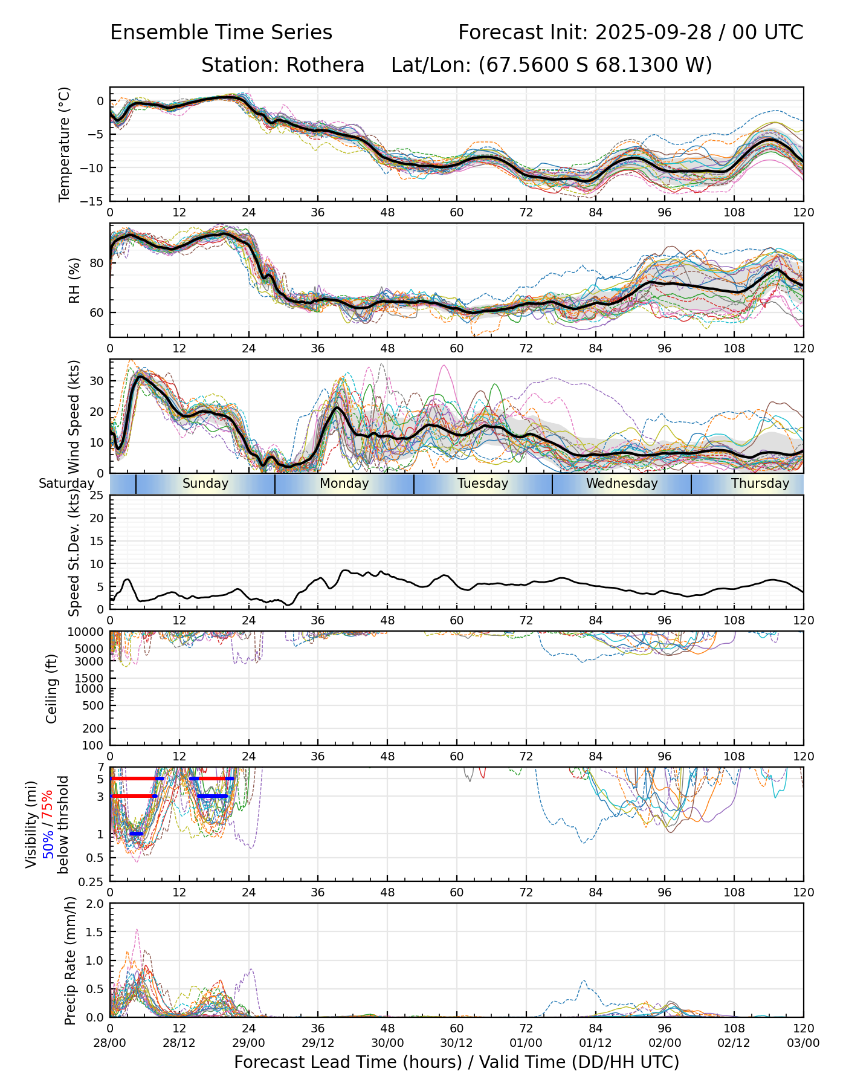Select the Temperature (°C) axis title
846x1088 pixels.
(65, 144)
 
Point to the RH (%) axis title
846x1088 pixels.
(74, 280)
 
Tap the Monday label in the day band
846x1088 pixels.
(344, 484)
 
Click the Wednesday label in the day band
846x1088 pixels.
(621, 484)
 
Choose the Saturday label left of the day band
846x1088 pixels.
(66, 484)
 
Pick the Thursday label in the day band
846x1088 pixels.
(760, 484)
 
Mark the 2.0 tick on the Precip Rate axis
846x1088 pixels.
(95, 904)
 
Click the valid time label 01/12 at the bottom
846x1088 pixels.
(595, 1043)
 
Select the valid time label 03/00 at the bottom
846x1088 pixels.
(803, 1043)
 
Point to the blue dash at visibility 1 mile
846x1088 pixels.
(137, 834)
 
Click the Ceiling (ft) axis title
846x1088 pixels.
(52, 688)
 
